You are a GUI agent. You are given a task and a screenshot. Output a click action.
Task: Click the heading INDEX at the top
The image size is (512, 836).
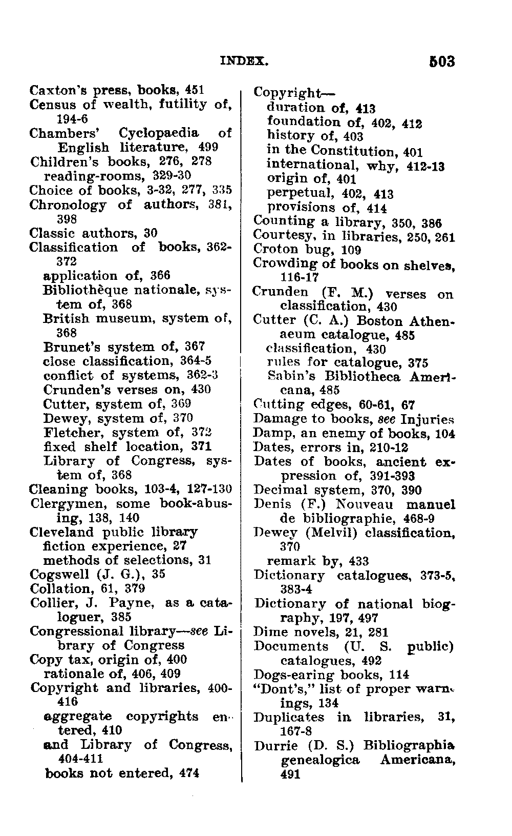click(x=244, y=62)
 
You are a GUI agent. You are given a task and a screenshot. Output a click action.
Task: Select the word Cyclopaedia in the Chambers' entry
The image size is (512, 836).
click(x=159, y=133)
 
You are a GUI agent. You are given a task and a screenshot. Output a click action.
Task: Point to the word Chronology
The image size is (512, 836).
click(x=68, y=205)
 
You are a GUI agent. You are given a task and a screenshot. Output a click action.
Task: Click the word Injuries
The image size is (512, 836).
click(x=428, y=419)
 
